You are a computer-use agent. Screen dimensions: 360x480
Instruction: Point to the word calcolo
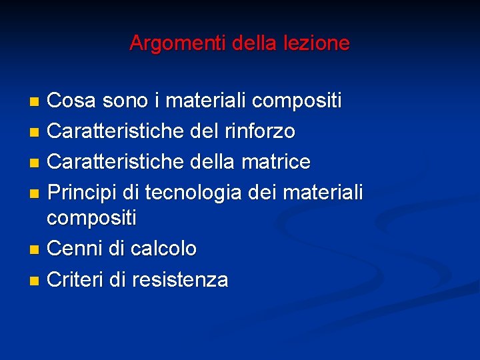pos(163,249)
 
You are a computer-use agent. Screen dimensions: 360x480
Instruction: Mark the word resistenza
pos(180,279)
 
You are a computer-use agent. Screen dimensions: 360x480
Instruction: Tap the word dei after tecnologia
pos(262,193)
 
